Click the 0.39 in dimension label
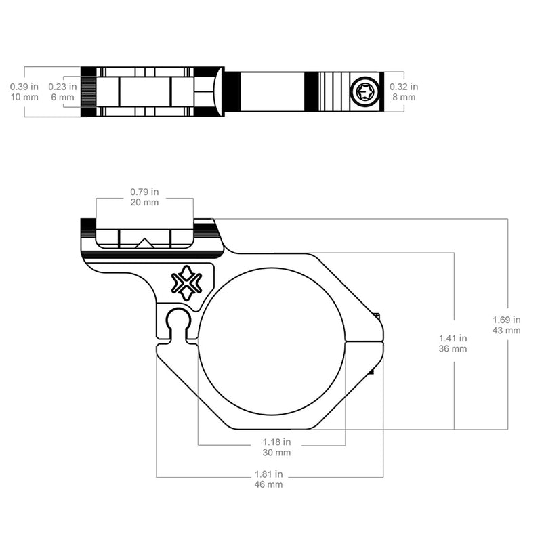click(x=24, y=87)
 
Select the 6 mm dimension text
click(x=62, y=97)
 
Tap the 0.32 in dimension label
click(x=404, y=87)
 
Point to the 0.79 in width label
click(x=144, y=192)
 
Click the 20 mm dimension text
click(x=144, y=202)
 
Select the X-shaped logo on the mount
click(x=186, y=283)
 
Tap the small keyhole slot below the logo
click(x=178, y=322)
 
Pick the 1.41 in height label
click(x=453, y=337)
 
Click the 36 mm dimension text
click(x=453, y=348)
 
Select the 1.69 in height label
click(x=507, y=320)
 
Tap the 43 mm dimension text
click(x=507, y=330)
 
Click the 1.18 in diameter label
click(x=276, y=442)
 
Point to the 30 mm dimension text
click(x=276, y=452)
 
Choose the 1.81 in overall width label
click(x=269, y=474)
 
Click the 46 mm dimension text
click(x=269, y=484)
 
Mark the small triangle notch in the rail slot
click(x=144, y=243)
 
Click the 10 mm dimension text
click(x=24, y=97)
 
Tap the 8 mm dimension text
click(x=404, y=97)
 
